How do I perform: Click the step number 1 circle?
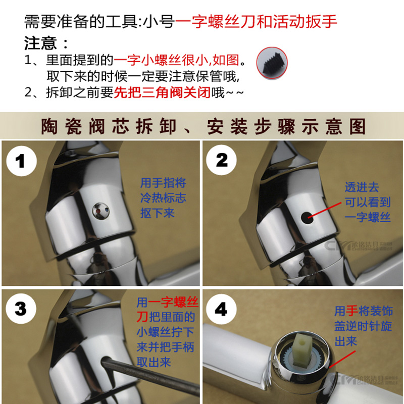[21, 161]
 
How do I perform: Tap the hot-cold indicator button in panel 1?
[99, 210]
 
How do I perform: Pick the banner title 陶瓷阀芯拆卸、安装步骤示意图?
[202, 126]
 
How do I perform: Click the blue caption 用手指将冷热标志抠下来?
[163, 198]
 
